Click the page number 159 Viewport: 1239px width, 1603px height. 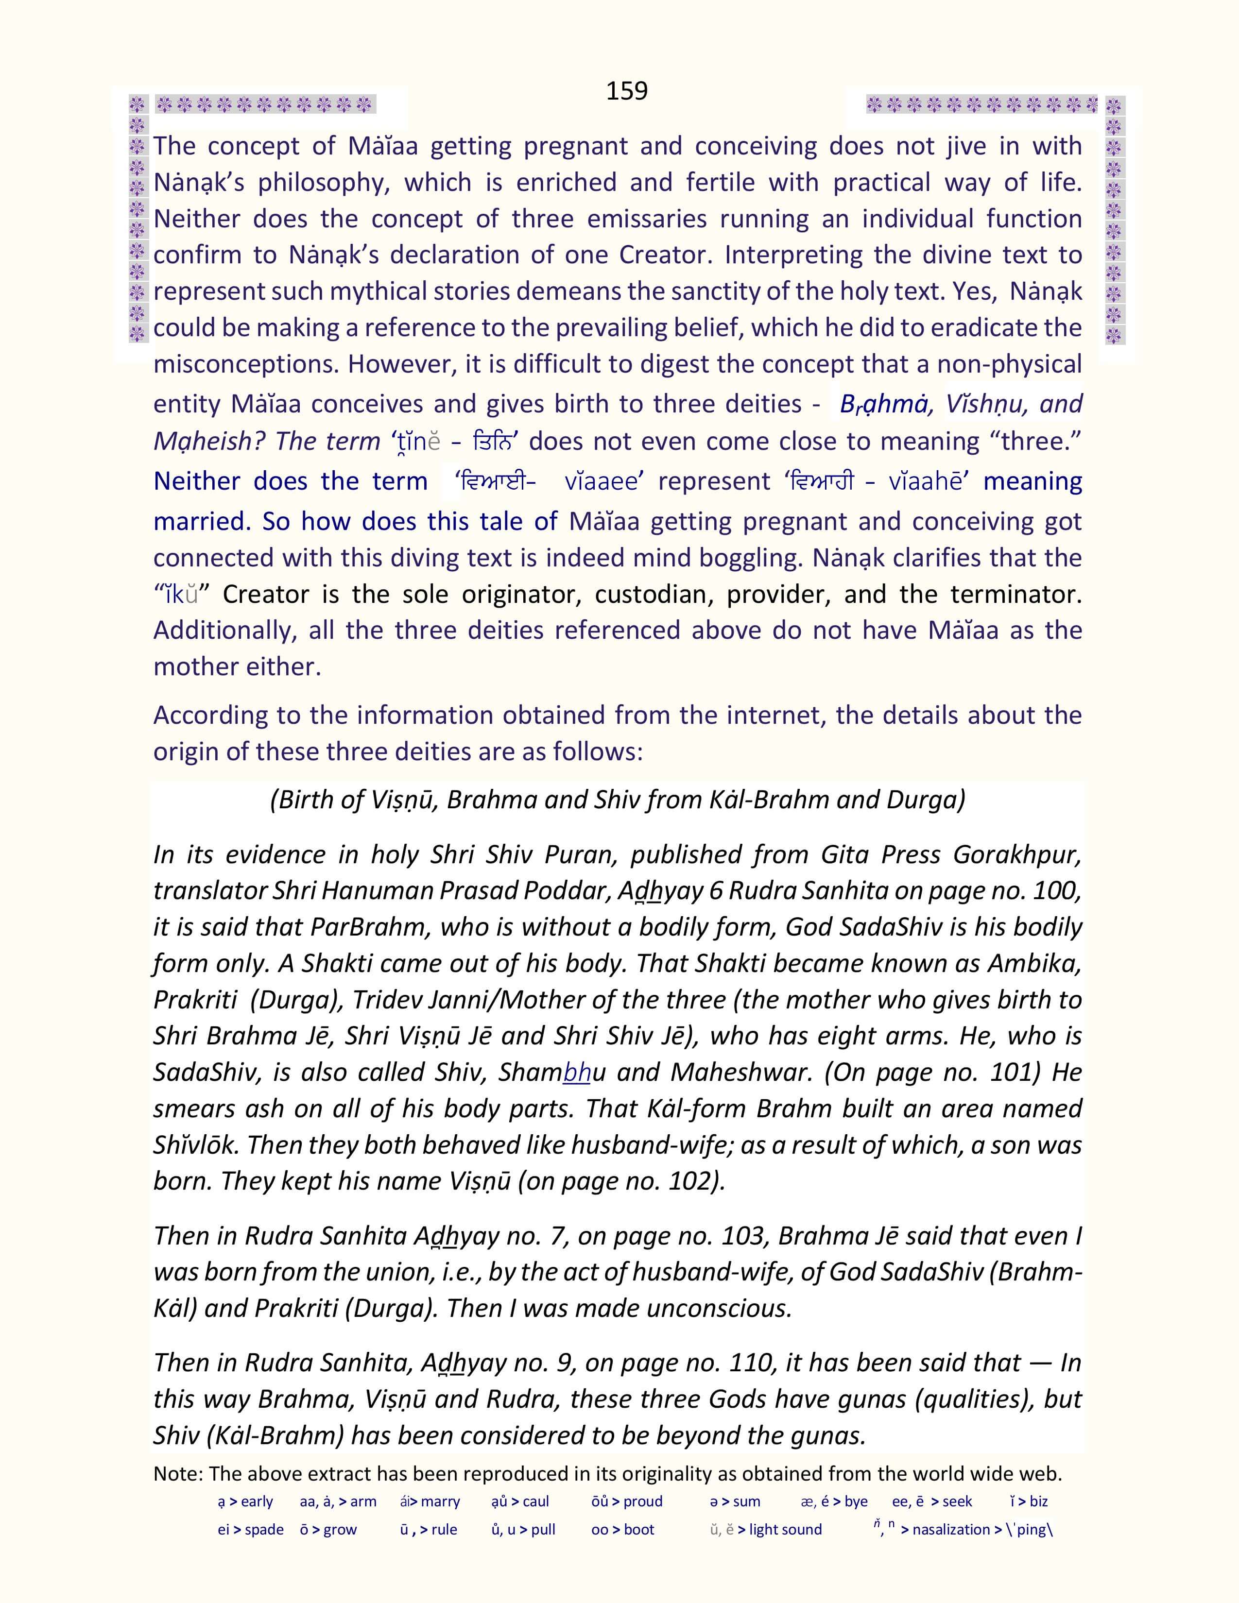click(x=626, y=91)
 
